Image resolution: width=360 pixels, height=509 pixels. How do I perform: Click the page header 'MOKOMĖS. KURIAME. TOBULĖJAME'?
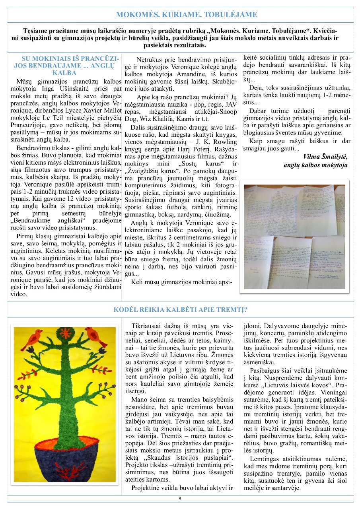(x=187, y=15)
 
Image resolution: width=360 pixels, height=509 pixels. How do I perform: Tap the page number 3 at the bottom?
(x=180, y=499)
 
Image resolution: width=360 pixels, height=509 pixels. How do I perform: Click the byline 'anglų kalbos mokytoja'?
(x=315, y=165)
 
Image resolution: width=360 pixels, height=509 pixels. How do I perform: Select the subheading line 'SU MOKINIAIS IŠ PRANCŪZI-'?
(x=67, y=59)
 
